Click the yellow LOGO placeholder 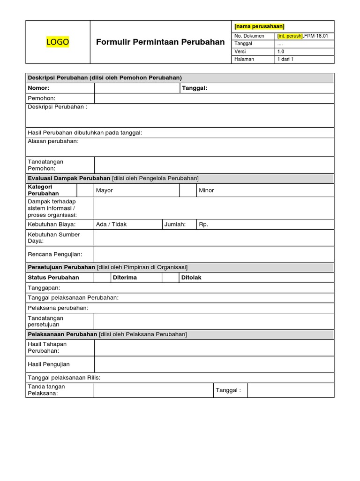[x=58, y=42]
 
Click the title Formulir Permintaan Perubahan [x=160, y=42]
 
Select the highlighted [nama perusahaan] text [x=259, y=26]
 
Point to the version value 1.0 [x=281, y=52]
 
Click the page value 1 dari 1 [x=285, y=60]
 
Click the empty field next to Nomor [x=137, y=88]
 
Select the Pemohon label [x=42, y=98]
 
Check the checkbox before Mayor [x=85, y=190]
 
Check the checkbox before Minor [x=188, y=190]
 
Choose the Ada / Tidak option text [x=111, y=225]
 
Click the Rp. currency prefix [x=203, y=225]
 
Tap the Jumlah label [x=175, y=225]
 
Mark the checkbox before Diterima [x=102, y=278]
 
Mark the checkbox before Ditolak [x=170, y=278]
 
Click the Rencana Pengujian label [x=55, y=254]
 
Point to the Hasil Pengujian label [x=49, y=364]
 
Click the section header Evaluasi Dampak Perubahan [x=69, y=178]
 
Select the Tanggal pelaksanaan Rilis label [x=64, y=378]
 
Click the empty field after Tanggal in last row [x=291, y=390]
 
